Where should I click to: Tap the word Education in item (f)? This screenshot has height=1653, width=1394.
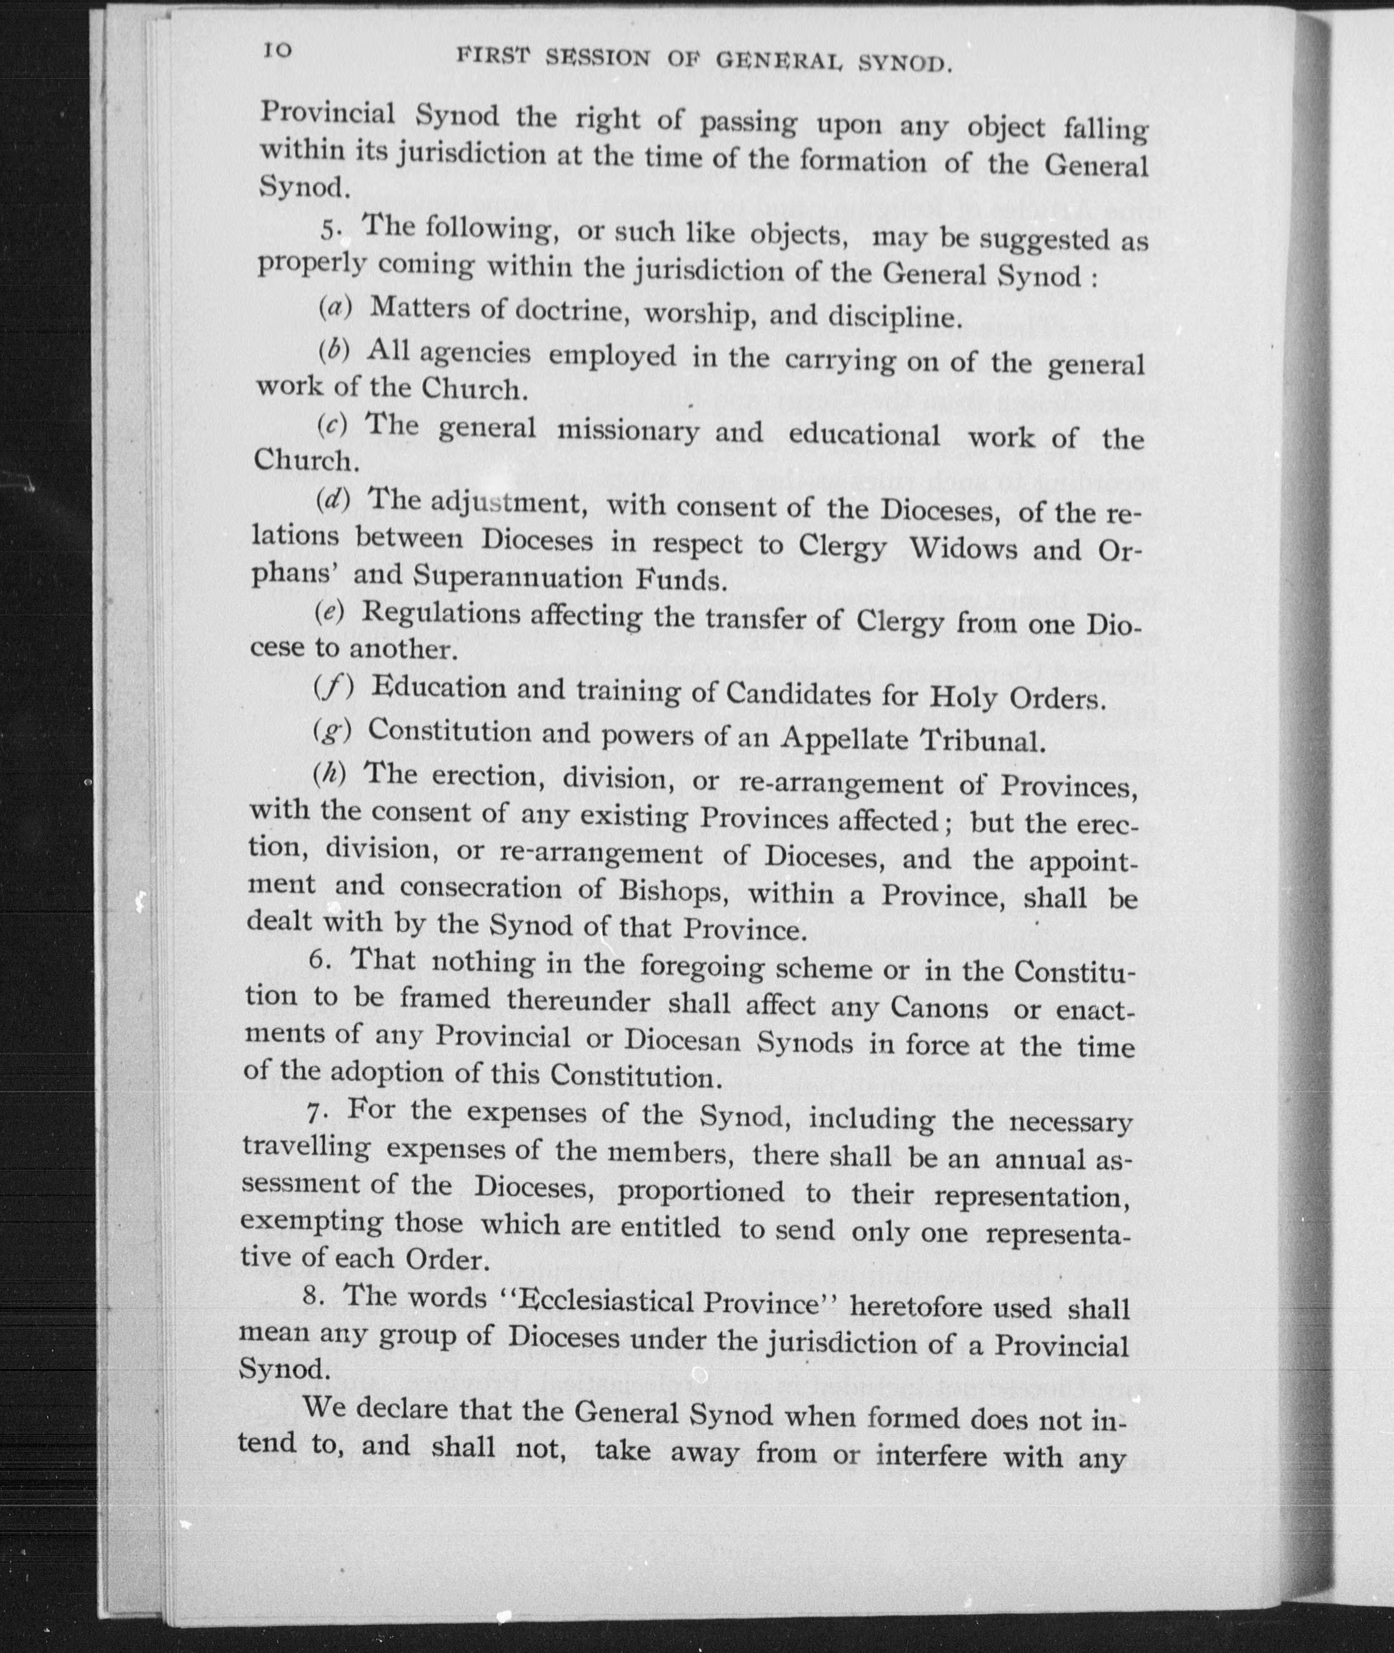439,688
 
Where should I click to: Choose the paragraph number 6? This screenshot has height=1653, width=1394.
319,959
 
